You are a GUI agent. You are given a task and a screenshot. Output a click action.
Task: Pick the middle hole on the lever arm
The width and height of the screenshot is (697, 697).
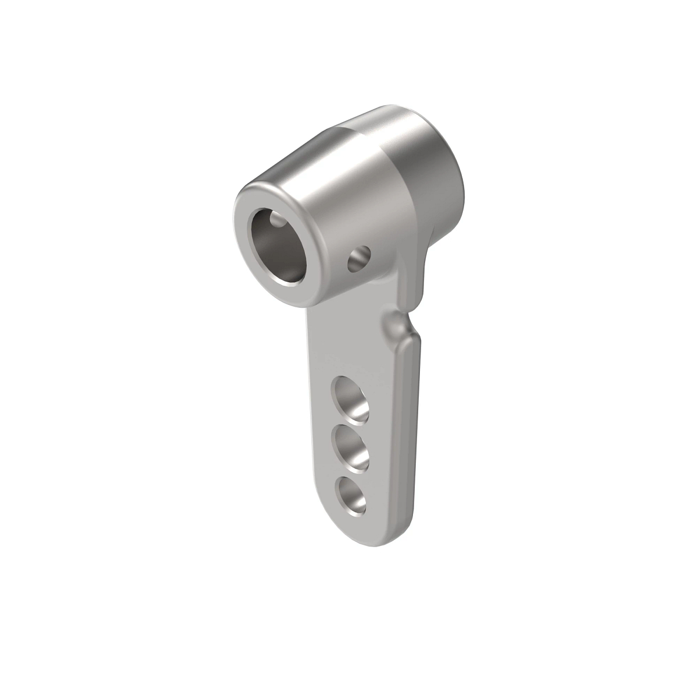(352, 448)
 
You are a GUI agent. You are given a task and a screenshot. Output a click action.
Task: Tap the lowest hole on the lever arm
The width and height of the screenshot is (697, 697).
(352, 496)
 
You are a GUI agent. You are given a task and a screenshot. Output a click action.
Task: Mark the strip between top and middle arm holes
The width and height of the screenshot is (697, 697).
(351, 425)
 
